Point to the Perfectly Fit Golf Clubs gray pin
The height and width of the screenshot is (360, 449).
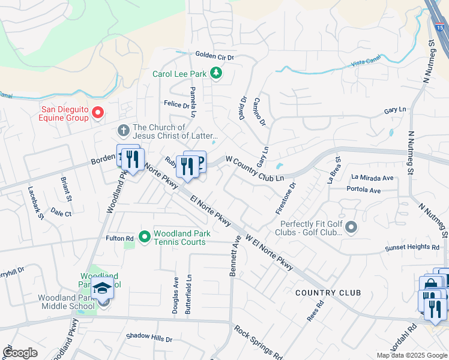coord(351,227)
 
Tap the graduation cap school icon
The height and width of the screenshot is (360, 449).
coord(102,289)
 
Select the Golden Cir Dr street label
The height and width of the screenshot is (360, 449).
coord(214,55)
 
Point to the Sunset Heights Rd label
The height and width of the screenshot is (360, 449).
coord(411,247)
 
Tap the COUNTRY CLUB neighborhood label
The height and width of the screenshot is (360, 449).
coord(328,292)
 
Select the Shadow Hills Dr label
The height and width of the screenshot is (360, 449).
coord(149,338)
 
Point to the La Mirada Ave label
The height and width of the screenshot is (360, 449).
coord(372,178)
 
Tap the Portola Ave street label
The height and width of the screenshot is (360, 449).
coord(364,190)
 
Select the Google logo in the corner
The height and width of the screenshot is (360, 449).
coord(20,352)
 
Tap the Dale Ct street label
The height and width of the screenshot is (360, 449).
coord(61,213)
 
